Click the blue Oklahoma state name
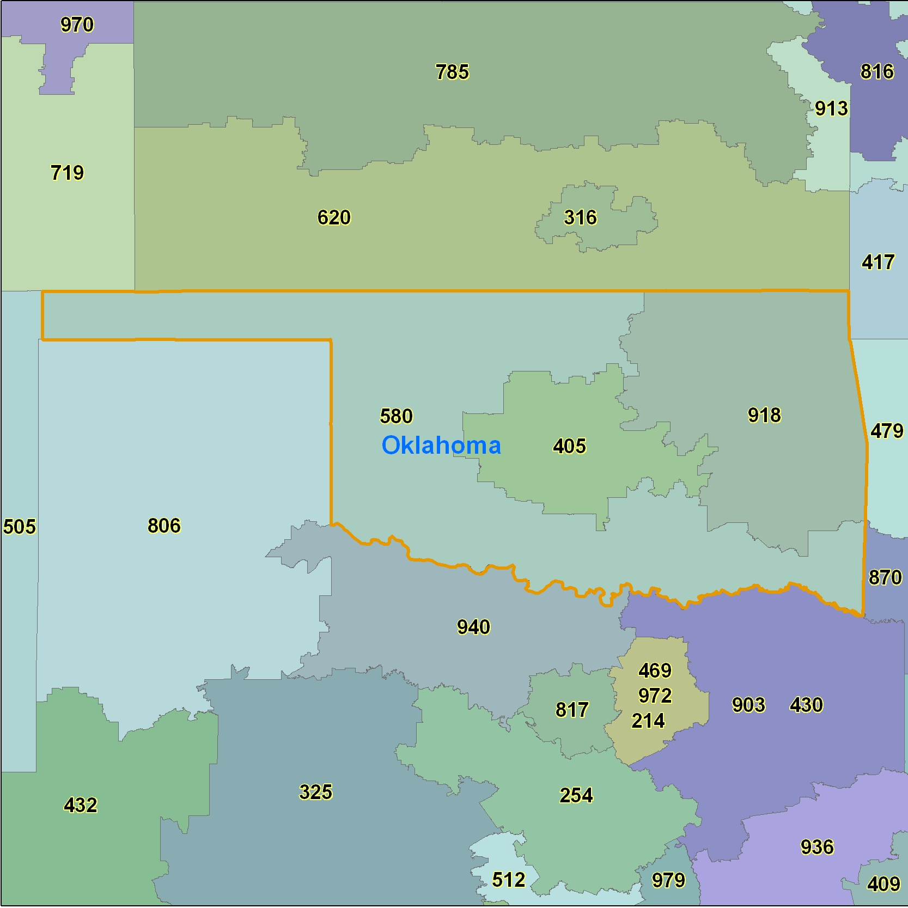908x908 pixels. pos(441,446)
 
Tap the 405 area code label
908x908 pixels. pos(569,446)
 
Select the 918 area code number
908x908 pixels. pos(764,415)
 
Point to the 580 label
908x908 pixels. pos(396,416)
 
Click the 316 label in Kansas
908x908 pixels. pos(580,218)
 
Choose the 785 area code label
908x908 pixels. pos(452,72)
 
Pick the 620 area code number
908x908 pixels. pos(334,218)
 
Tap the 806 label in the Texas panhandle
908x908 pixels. pos(164,526)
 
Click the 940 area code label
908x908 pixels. pos(473,627)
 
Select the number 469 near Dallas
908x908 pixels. pos(655,671)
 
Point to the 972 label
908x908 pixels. pos(655,696)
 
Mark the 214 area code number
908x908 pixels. pos(648,721)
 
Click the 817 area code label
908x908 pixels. pos(572,710)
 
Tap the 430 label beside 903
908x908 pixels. pos(806,705)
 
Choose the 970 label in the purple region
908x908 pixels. pos(77,25)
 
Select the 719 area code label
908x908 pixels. pos(67,173)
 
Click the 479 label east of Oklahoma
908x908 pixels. pos(887,431)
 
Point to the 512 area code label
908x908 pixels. pos(508,880)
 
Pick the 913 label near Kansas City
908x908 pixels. pos(831,109)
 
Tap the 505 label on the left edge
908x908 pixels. pos(19,527)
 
